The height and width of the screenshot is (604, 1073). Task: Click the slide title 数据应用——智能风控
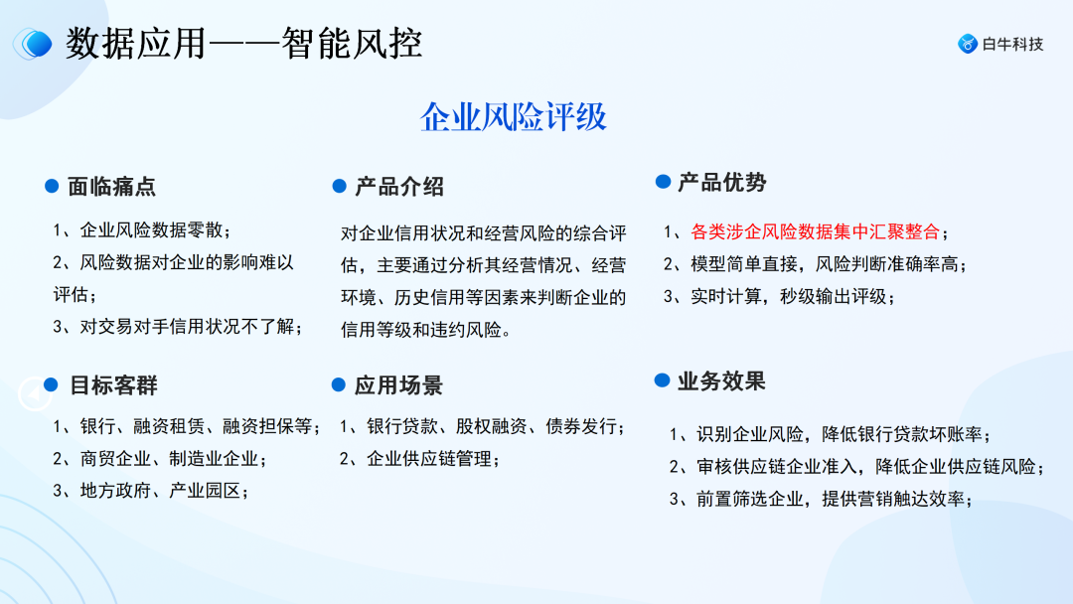[244, 44]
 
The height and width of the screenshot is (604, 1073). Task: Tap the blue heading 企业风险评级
[513, 117]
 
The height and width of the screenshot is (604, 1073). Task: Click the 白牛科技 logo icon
[967, 44]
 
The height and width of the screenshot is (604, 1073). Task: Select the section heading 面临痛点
[111, 187]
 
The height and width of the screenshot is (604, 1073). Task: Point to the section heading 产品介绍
[399, 187]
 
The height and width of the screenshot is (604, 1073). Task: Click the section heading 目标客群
[113, 385]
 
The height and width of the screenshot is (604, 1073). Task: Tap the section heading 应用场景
[398, 386]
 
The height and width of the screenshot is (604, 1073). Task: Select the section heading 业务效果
[721, 381]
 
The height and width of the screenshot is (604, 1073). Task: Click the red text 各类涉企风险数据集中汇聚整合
[815, 232]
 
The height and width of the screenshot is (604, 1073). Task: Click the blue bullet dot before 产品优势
[663, 182]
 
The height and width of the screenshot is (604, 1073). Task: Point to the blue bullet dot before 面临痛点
[52, 186]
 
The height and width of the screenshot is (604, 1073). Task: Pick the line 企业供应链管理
[428, 458]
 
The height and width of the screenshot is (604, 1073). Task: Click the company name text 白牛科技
[1012, 44]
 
